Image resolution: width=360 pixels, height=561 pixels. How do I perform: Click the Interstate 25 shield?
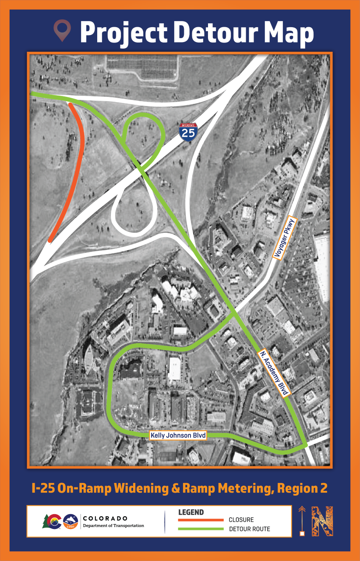[188, 131]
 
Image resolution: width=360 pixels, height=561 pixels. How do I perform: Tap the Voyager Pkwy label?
[285, 238]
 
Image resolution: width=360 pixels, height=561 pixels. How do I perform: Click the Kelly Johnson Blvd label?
[178, 436]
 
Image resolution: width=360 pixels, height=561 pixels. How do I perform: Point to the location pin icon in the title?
[62, 30]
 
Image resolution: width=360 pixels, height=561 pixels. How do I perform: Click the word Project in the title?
[124, 32]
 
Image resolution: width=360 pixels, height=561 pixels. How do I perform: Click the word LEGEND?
[191, 512]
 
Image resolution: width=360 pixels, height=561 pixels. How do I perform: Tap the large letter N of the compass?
[322, 521]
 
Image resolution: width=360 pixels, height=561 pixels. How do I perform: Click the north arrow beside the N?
[302, 521]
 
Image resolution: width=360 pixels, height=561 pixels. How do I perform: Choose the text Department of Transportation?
[113, 525]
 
